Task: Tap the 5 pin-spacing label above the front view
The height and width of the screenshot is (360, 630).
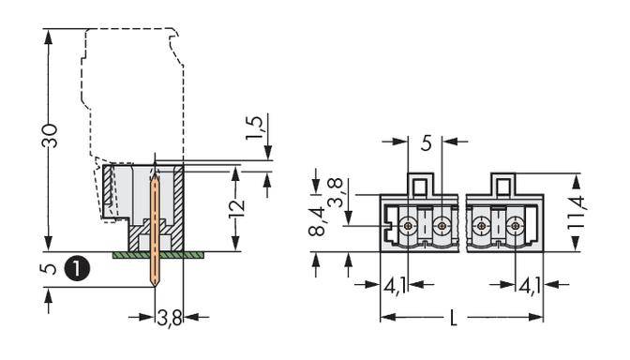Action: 426,143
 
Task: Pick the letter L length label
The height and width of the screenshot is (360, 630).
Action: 453,320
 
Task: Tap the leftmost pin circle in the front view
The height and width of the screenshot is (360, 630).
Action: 409,226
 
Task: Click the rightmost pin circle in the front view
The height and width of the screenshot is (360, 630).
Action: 515,226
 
